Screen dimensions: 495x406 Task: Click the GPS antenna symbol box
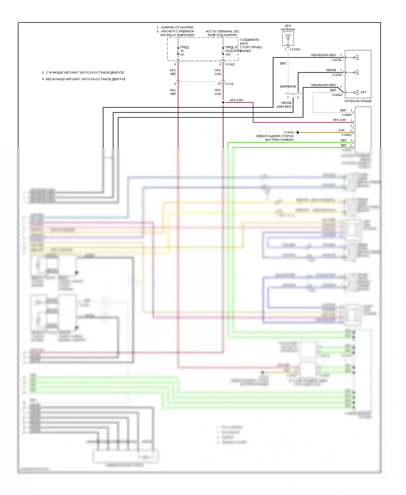pyautogui.click(x=288, y=39)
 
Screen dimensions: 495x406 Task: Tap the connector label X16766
pyautogui.click(x=336, y=60)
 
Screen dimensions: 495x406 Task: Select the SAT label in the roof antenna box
pyautogui.click(x=363, y=92)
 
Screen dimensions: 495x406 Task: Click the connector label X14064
pyautogui.click(x=336, y=95)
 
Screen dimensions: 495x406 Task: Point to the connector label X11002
pyautogui.click(x=230, y=64)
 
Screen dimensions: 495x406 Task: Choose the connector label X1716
pyautogui.click(x=229, y=84)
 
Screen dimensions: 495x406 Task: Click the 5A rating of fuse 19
pyautogui.click(x=182, y=54)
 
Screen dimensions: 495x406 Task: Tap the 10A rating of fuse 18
pyautogui.click(x=228, y=54)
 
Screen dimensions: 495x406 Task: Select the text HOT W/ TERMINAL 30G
pyautogui.click(x=222, y=31)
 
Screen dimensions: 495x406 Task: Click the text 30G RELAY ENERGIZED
pyautogui.click(x=177, y=35)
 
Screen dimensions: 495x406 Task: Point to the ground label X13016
pyautogui.click(x=289, y=133)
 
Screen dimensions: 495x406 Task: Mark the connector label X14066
pyautogui.click(x=346, y=115)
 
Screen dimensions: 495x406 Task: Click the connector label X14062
pyautogui.click(x=346, y=135)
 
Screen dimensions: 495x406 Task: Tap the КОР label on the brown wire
pyautogui.click(x=341, y=130)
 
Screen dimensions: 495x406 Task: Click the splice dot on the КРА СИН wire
pyautogui.click(x=223, y=103)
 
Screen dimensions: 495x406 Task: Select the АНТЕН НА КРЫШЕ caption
pyautogui.click(x=358, y=101)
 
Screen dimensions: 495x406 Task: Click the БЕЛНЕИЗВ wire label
pyautogui.click(x=288, y=87)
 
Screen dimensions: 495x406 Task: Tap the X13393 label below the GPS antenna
pyautogui.click(x=295, y=50)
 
